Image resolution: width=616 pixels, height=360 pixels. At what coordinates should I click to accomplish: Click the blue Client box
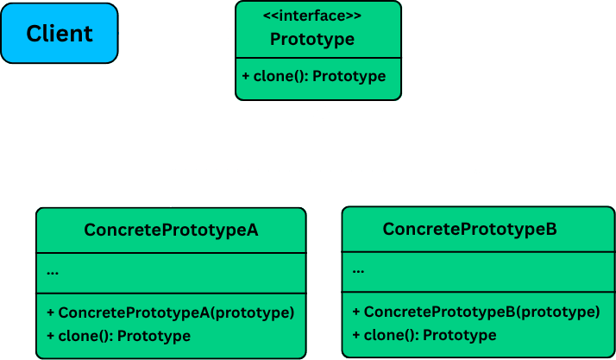pyautogui.click(x=59, y=34)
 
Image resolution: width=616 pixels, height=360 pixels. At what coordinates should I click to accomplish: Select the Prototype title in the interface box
pyautogui.click(x=311, y=39)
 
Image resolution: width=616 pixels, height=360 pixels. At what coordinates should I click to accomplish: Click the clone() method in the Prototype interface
pyautogui.click(x=314, y=76)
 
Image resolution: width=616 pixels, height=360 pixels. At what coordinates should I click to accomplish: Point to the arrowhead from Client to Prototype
pyautogui.click(x=229, y=34)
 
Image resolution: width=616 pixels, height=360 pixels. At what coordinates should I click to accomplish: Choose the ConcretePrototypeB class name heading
pyautogui.click(x=469, y=229)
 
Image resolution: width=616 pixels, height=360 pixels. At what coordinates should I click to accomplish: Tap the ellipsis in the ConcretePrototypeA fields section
pyautogui.click(x=53, y=271)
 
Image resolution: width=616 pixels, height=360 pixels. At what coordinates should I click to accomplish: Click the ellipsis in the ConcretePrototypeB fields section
pyautogui.click(x=359, y=270)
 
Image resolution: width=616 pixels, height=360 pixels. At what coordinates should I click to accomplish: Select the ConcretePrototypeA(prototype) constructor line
pyautogui.click(x=171, y=313)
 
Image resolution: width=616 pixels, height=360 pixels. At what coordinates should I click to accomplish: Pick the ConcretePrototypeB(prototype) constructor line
pyautogui.click(x=476, y=312)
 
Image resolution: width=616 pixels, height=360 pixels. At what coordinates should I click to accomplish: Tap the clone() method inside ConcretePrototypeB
pyautogui.click(x=424, y=335)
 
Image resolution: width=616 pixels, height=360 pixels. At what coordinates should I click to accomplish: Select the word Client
pyautogui.click(x=59, y=34)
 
